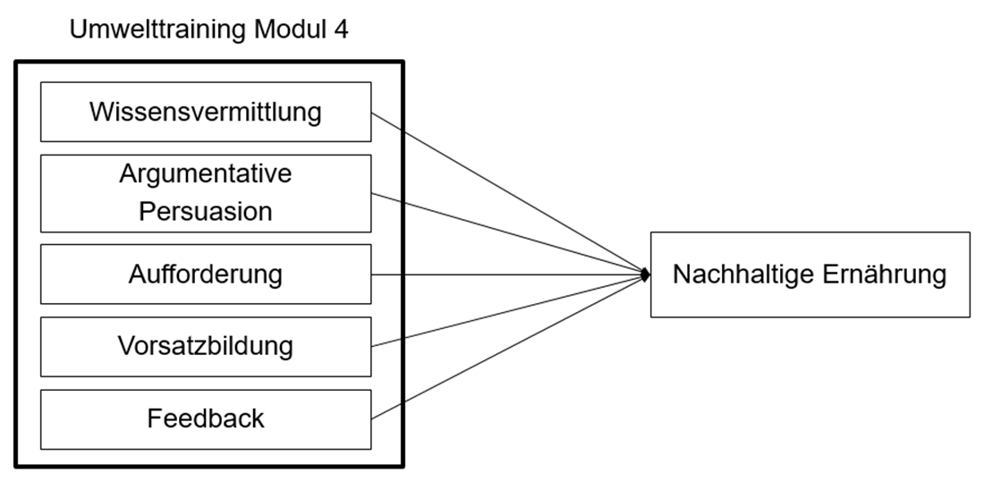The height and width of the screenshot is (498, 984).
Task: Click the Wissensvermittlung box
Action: tap(206, 112)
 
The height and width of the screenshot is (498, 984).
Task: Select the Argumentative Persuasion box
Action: tap(206, 192)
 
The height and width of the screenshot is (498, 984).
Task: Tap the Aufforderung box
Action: tap(206, 274)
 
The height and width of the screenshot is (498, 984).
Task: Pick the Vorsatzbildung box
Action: tap(206, 346)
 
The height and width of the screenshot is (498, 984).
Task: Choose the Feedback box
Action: tap(206, 418)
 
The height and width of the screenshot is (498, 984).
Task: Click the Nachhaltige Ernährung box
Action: tap(810, 274)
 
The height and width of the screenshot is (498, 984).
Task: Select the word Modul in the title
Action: tap(288, 30)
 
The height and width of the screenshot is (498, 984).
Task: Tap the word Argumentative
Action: tap(206, 174)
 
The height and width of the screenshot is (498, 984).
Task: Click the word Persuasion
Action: tap(206, 212)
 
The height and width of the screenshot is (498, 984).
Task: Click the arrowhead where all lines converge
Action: tap(644, 274)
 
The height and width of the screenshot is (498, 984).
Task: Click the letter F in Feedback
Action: tap(155, 418)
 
